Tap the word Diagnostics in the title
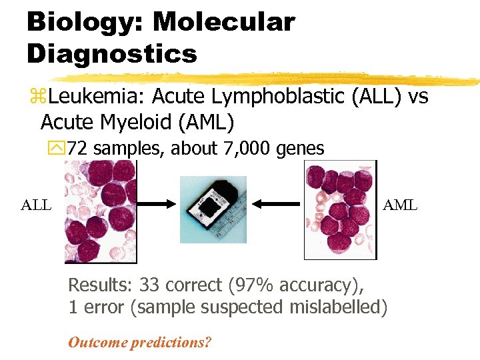pyautogui.click(x=112, y=53)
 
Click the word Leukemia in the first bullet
pyautogui.click(x=97, y=97)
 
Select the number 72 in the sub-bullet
pyautogui.click(x=77, y=149)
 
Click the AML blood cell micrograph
pyautogui.click(x=340, y=209)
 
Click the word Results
pyautogui.click(x=99, y=285)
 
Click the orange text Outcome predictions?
pyautogui.click(x=139, y=343)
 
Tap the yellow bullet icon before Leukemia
pyautogui.click(x=35, y=98)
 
